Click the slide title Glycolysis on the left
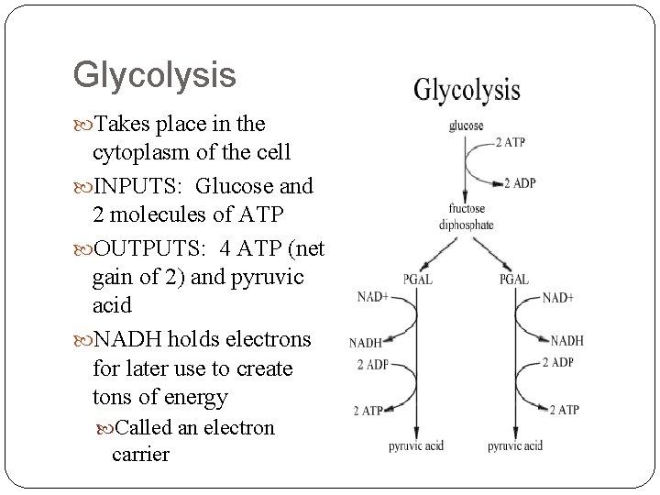point(154,76)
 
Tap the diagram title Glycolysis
point(467,90)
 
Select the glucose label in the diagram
point(467,126)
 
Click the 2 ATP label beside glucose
point(510,141)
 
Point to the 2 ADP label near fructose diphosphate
point(519,182)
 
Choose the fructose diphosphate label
point(467,217)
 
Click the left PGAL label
point(418,279)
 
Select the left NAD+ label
point(373,296)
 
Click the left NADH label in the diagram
point(366,344)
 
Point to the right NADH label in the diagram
point(566,341)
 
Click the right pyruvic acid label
point(515,446)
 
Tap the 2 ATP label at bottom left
point(366,411)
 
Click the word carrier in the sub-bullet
point(140,455)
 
